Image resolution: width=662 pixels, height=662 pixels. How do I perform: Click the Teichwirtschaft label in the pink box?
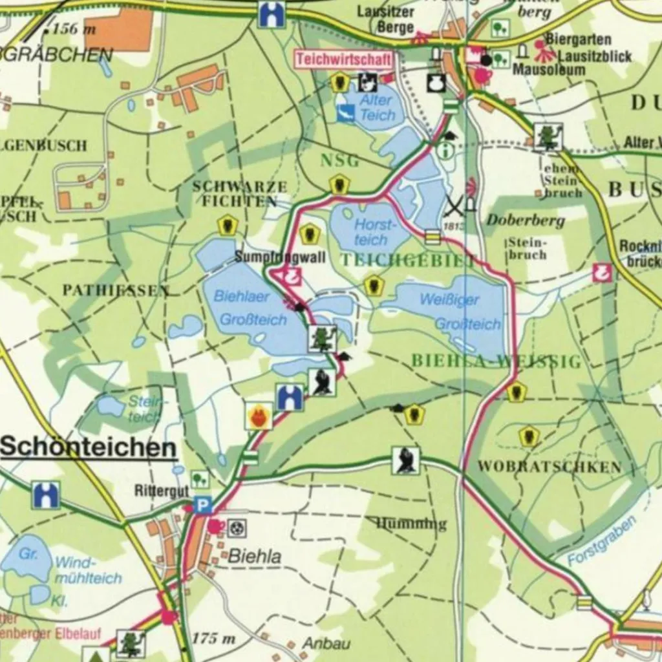pos(345,60)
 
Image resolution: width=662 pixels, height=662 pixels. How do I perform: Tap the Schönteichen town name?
pos(89,447)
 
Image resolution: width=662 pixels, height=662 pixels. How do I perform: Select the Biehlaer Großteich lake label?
pos(251,308)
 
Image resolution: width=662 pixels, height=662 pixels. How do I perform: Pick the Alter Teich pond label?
pos(376,108)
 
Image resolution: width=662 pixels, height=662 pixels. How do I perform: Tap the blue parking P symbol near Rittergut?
pos(203,504)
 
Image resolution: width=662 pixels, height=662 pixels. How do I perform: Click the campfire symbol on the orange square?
pos(259,415)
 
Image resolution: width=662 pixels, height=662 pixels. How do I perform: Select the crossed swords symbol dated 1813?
pos(454,207)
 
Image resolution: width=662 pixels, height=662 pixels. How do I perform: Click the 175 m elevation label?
pos(214,639)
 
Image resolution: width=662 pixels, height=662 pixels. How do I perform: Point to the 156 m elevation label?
pos(73,28)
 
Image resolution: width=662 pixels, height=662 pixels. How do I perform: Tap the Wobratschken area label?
pos(550,467)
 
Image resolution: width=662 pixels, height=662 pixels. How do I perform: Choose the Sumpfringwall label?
pos(271,257)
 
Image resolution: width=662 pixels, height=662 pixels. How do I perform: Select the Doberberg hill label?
pos(526,220)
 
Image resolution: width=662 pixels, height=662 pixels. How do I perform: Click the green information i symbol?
pos(445,151)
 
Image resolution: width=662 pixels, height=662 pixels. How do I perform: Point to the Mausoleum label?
pos(549,70)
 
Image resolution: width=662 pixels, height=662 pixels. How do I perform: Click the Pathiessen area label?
pos(116,290)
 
